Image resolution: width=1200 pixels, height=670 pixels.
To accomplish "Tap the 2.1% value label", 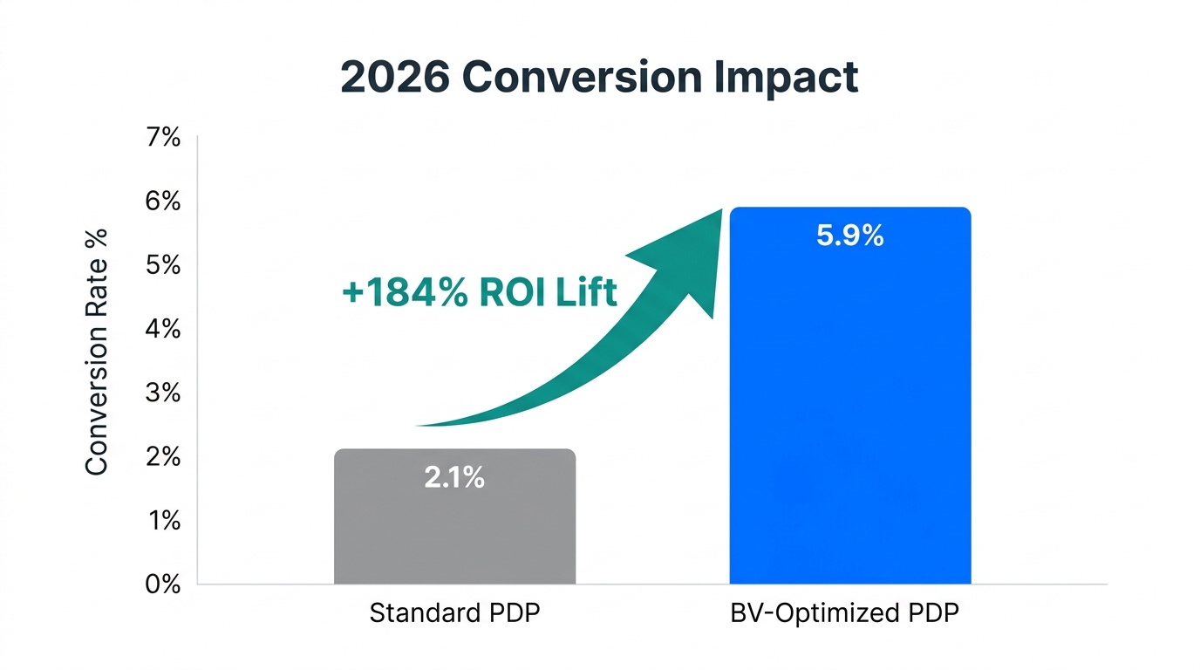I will (454, 478).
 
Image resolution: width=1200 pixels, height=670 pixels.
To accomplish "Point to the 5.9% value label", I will (849, 236).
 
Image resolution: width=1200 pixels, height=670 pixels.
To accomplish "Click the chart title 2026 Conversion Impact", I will (599, 78).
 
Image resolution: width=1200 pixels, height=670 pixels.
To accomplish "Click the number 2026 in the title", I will (394, 78).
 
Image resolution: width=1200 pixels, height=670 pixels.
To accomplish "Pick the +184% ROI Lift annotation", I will (480, 293).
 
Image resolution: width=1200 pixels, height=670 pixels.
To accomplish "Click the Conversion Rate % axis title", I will (97, 352).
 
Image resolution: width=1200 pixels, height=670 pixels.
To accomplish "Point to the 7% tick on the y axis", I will (163, 137).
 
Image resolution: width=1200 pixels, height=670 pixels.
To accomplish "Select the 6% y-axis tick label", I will (163, 202).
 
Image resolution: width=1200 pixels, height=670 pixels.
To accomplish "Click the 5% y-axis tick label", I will (163, 265).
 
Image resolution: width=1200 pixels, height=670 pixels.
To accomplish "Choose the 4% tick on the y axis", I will (163, 329).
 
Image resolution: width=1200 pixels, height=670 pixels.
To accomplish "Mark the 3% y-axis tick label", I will (163, 393).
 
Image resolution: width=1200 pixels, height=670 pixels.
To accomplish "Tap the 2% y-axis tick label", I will (163, 457).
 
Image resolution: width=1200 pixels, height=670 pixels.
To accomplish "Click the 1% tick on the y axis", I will (163, 521).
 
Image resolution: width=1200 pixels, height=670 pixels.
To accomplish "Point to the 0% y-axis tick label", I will (163, 585).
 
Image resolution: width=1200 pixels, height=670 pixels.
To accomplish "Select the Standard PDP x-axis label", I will (454, 613).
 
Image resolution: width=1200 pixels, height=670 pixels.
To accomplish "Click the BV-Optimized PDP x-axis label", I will (844, 613).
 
